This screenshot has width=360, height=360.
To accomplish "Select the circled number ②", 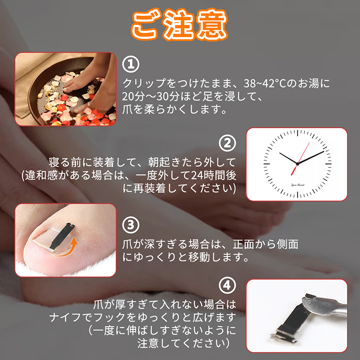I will point(227,143).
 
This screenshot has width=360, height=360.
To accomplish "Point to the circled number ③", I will point(130,224).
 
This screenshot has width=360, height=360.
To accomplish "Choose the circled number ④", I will point(227,285).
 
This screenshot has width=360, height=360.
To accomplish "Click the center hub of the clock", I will point(297,164).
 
